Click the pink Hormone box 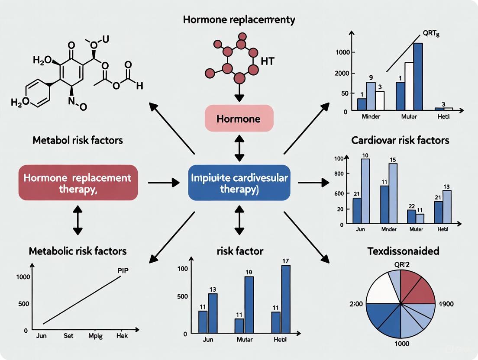(239, 118)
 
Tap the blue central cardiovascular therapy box (239, 182)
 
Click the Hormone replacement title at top (239, 19)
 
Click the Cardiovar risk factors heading (406, 140)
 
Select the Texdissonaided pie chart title (403, 251)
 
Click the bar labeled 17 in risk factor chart (286, 299)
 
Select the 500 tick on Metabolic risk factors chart (23, 304)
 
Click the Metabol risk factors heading (78, 140)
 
